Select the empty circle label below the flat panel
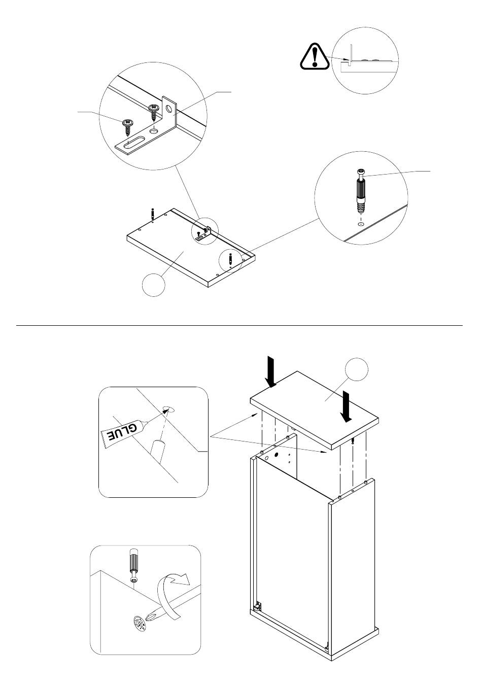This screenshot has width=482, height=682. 153,285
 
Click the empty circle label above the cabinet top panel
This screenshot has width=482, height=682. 355,370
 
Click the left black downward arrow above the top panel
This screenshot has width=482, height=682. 271,372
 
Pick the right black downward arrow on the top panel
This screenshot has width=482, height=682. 346,406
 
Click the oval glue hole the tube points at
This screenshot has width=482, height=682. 169,408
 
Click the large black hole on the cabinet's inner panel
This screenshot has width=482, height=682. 278,455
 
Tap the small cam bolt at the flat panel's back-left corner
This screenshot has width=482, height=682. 153,214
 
